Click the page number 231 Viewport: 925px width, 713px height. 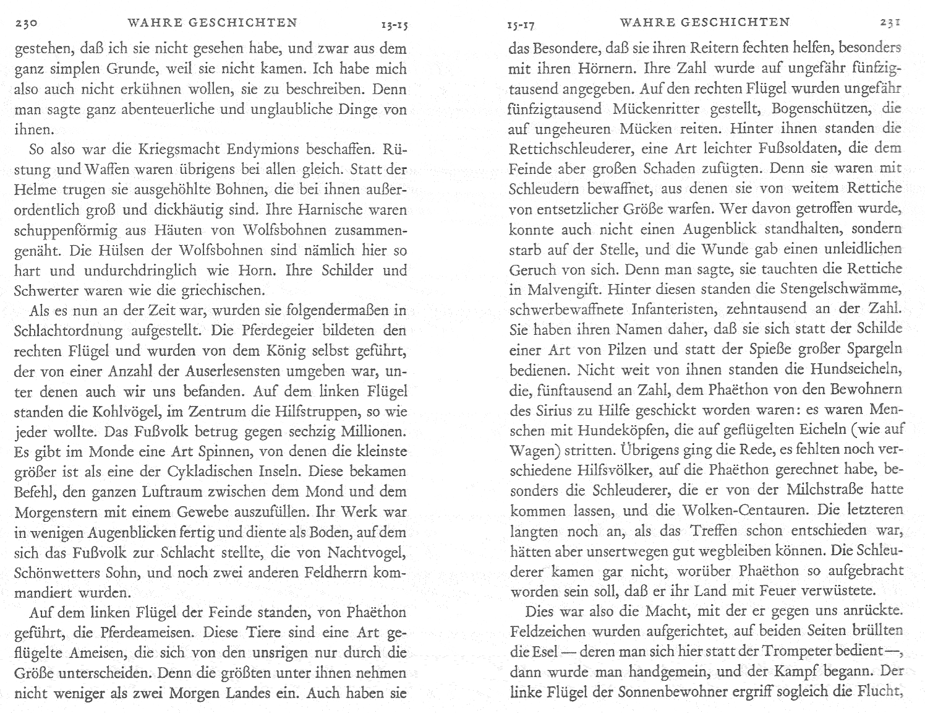pyautogui.click(x=890, y=23)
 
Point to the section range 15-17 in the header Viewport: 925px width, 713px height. pyautogui.click(x=519, y=25)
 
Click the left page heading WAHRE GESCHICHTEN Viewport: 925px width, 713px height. pyautogui.click(x=212, y=23)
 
